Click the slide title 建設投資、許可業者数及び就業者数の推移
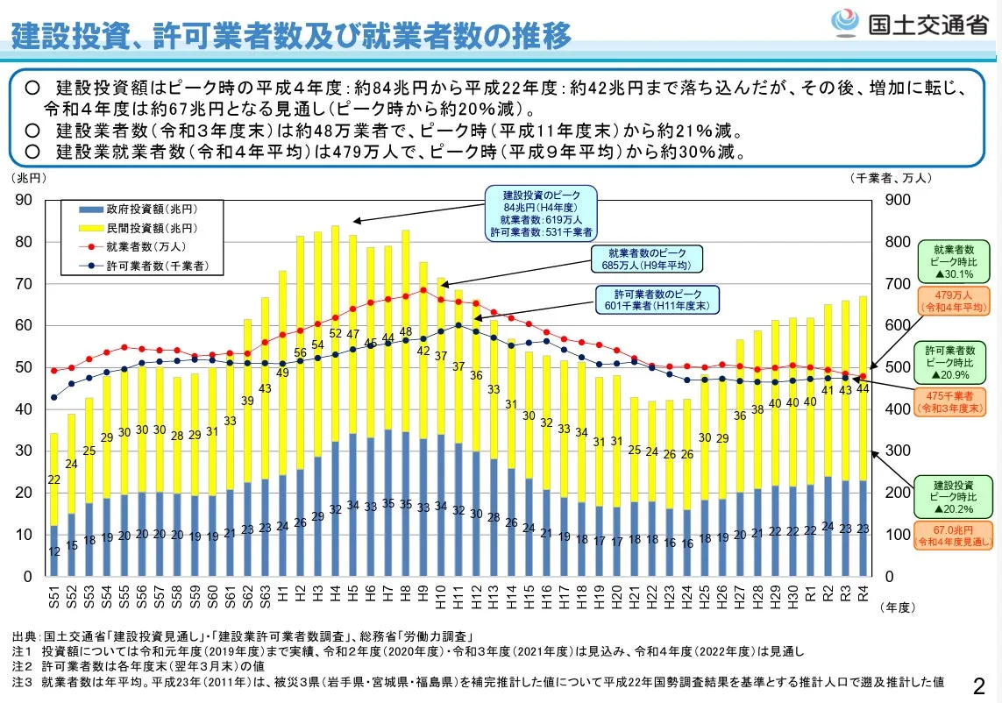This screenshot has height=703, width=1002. coord(290,35)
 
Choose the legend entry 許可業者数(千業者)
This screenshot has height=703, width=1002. coord(140,264)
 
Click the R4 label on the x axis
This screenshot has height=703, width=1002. coord(863,596)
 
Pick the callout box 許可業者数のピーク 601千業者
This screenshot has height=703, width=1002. coord(657,299)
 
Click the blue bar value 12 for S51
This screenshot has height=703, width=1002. coord(54,551)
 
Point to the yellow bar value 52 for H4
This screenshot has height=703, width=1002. coord(336,333)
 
